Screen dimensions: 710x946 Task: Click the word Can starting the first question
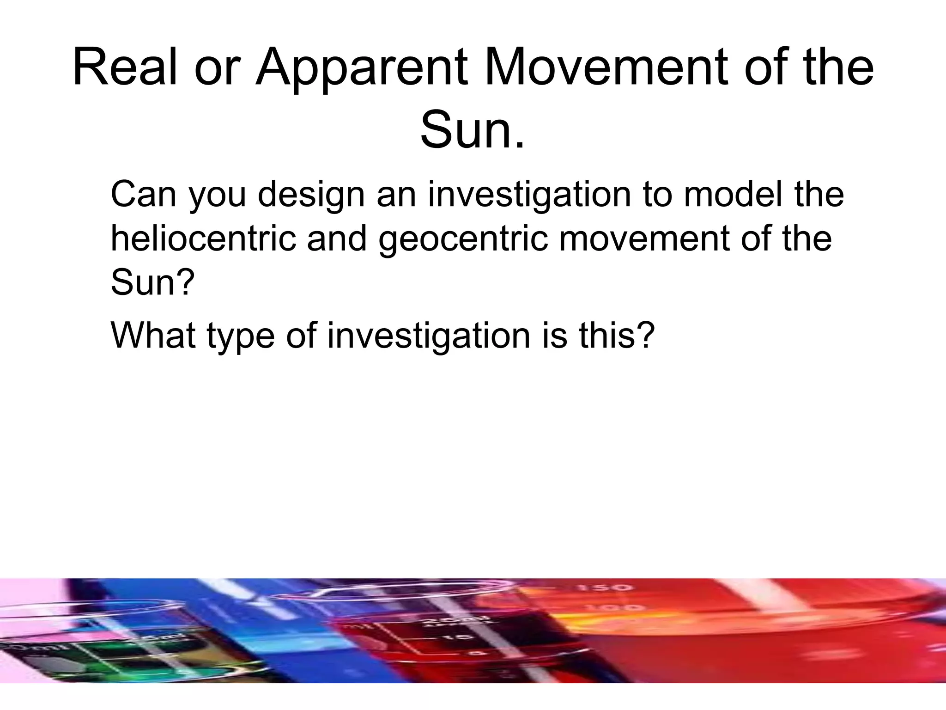(143, 195)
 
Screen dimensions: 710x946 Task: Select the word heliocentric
(203, 239)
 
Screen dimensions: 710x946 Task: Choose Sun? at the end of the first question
(152, 282)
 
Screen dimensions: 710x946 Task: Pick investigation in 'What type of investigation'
(429, 337)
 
